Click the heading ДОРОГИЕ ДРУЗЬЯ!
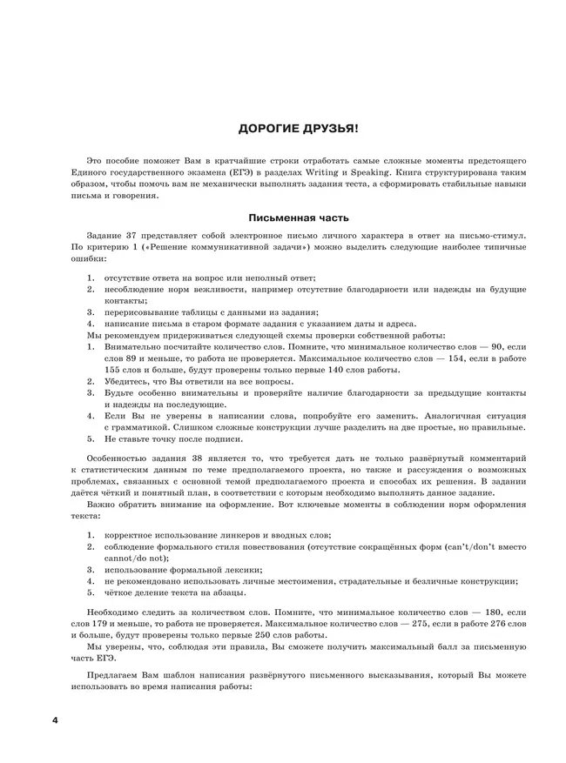298,128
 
